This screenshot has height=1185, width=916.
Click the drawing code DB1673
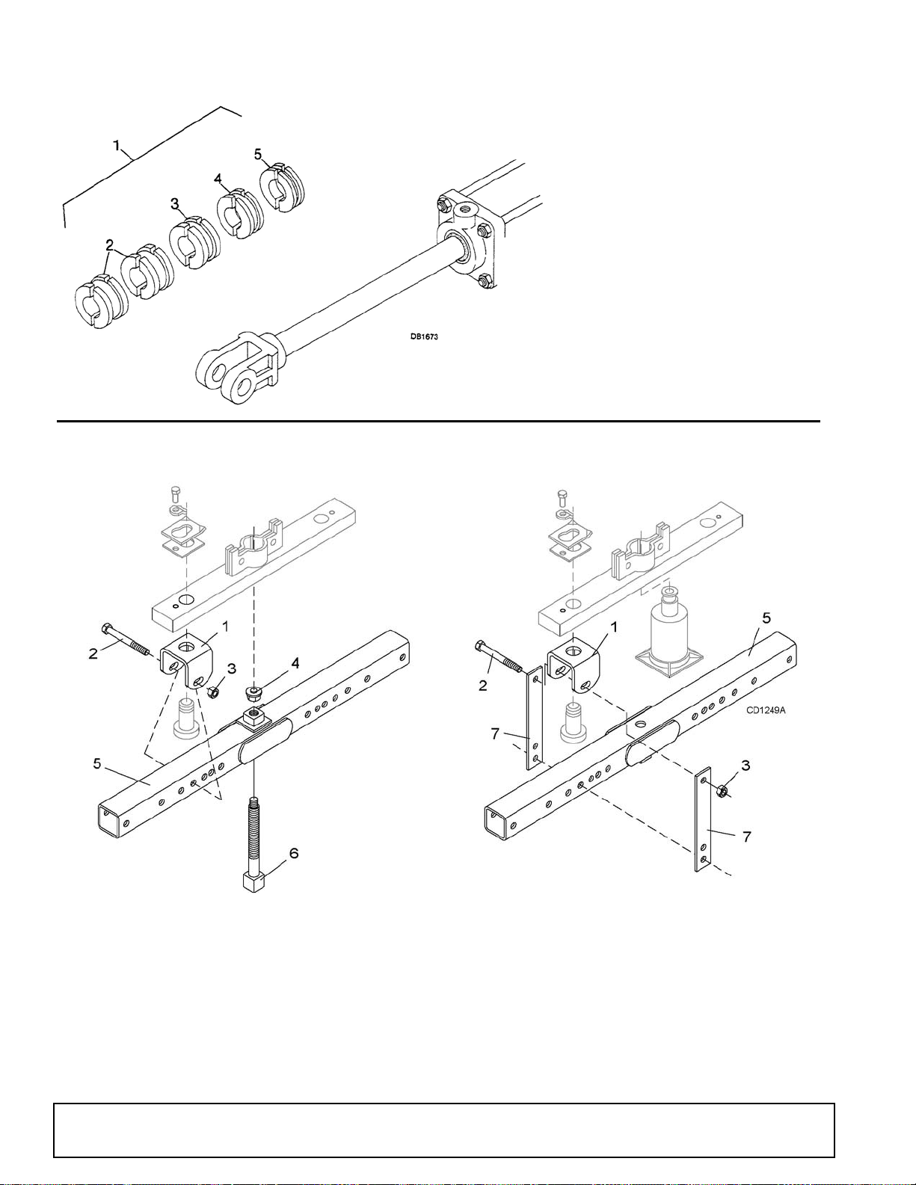[424, 337]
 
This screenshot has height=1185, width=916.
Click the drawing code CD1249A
[766, 710]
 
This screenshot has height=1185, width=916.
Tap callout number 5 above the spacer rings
[259, 154]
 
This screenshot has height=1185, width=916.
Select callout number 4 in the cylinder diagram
[218, 179]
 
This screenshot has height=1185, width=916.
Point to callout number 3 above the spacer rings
[175, 204]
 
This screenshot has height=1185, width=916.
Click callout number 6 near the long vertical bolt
[293, 854]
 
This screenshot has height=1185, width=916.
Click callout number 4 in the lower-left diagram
[295, 663]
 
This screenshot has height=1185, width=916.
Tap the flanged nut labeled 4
[253, 695]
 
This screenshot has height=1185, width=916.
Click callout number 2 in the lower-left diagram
[93, 653]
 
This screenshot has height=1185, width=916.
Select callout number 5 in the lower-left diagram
[97, 763]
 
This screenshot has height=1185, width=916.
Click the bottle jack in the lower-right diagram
[669, 632]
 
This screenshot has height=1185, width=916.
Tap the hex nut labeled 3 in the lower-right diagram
[719, 790]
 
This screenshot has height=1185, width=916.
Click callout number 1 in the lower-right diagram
[615, 628]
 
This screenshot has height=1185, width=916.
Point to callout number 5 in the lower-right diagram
[766, 618]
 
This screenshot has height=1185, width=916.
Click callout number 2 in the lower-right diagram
[482, 686]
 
